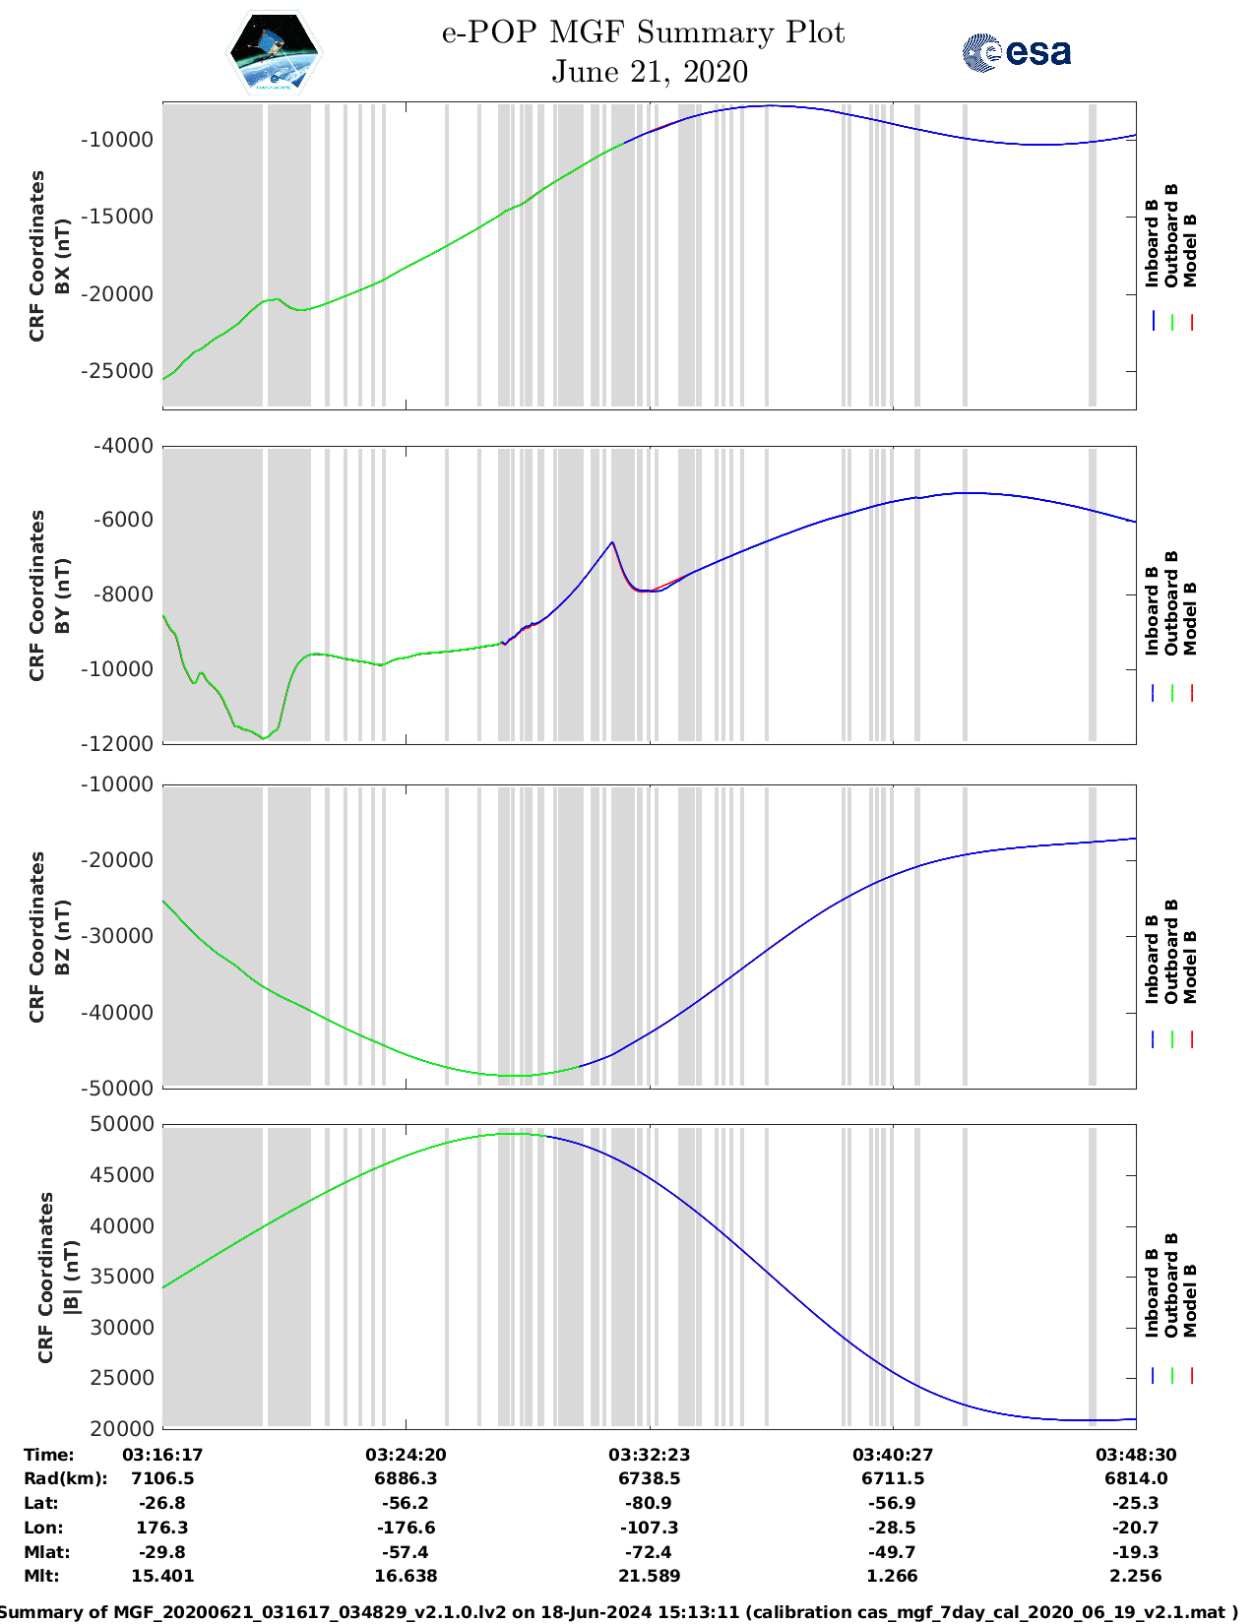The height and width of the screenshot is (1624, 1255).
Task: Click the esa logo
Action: coord(1017,52)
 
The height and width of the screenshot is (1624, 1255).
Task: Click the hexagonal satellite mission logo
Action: coord(274,52)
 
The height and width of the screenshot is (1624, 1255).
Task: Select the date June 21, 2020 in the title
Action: coord(649,72)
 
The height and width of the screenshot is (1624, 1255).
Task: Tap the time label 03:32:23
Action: coord(649,1455)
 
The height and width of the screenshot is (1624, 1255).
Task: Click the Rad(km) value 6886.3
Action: coord(406,1479)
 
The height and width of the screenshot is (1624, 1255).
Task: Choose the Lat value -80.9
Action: coord(649,1504)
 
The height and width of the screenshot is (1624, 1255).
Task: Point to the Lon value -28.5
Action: coord(893,1529)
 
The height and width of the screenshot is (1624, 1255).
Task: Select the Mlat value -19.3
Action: coord(1135,1552)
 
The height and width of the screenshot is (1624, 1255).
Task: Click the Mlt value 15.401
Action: coord(162,1576)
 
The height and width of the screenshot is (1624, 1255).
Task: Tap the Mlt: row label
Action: coord(41,1576)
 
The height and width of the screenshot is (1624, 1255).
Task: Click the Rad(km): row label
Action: coord(65,1479)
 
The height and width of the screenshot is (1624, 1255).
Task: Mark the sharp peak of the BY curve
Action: coord(612,542)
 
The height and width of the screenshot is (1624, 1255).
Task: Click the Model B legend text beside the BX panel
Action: coord(1190,250)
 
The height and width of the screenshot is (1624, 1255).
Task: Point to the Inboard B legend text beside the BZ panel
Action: coord(1152,960)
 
